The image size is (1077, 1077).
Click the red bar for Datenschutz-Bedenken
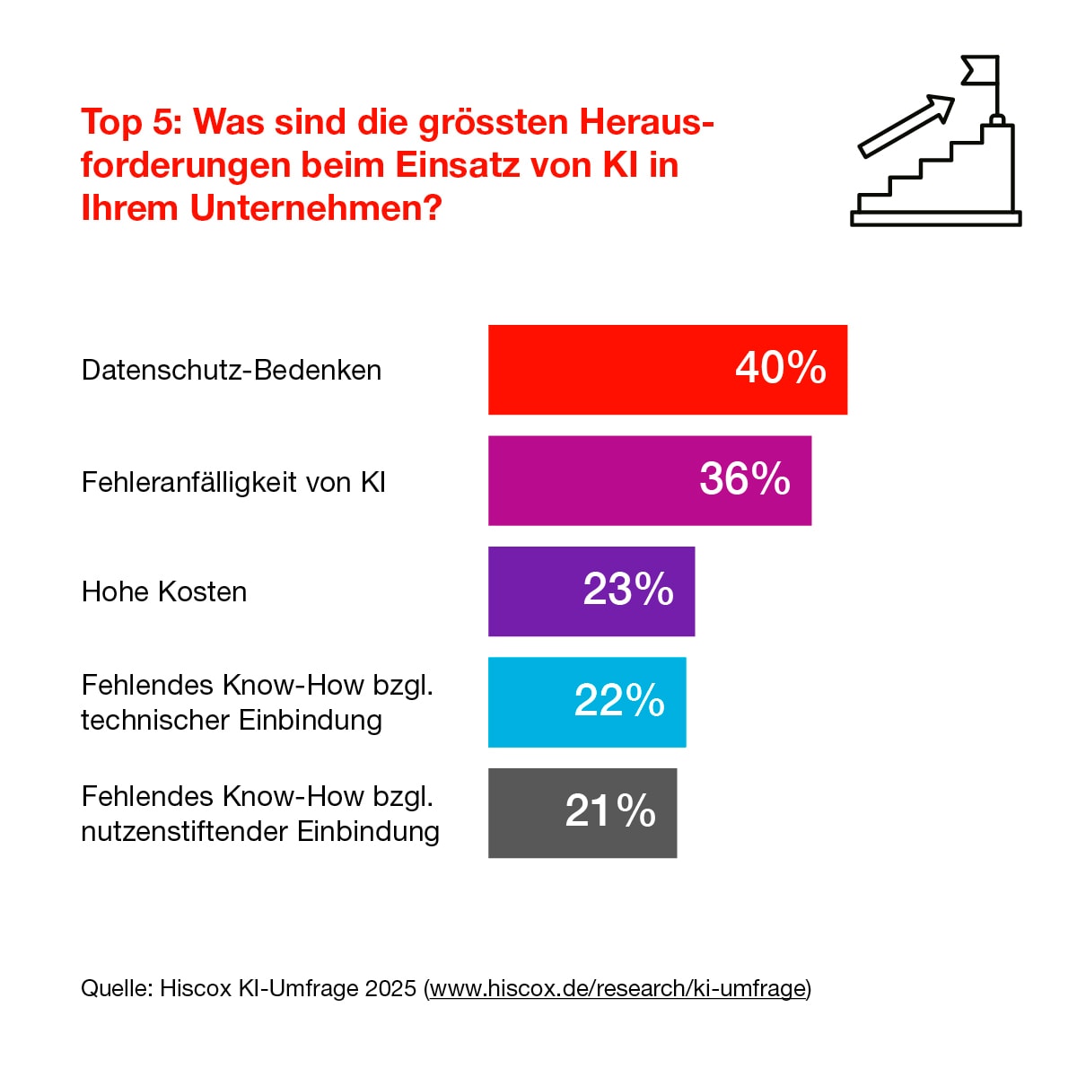pos(610,370)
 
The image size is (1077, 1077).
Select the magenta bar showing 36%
pos(592,481)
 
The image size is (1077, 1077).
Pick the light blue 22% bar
pos(530,703)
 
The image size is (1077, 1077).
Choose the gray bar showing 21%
pos(526,813)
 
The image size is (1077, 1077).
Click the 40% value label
pos(781,368)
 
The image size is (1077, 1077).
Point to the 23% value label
pos(628,590)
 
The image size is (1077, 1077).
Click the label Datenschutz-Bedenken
pos(232,370)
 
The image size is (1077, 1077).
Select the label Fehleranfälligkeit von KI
pos(233,482)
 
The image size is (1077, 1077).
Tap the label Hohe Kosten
pos(164,591)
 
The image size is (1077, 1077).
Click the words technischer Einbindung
pos(232,720)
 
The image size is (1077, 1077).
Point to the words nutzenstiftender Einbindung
pos(260,831)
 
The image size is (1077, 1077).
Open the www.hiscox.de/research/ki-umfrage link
pos(617,988)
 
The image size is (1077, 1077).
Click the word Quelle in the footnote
pos(117,988)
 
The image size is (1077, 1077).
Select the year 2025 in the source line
pos(391,988)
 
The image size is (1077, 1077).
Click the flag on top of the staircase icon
pos(980,70)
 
